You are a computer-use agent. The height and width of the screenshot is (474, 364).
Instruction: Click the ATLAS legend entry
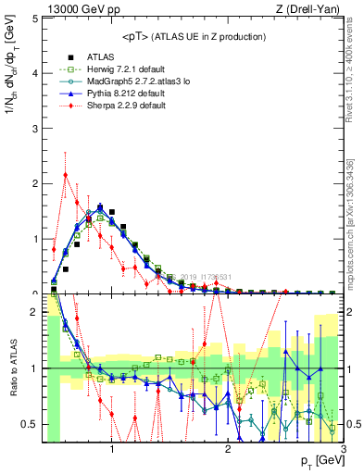(x=100, y=56)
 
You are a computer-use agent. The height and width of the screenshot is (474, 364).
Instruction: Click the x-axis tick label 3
(x=343, y=451)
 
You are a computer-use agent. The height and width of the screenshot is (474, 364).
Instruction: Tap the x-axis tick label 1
(x=112, y=451)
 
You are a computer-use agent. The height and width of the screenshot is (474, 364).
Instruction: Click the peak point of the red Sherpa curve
(x=65, y=174)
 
